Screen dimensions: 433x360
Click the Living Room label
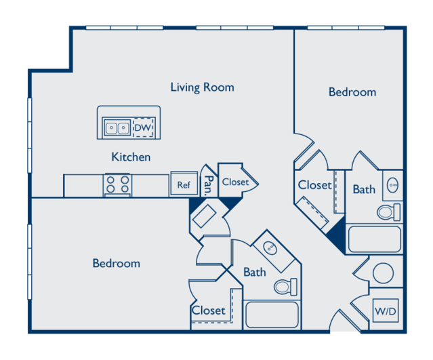click(202, 87)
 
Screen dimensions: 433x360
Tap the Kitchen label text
click(131, 157)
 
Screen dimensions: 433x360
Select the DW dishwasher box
click(143, 127)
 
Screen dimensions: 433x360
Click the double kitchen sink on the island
click(117, 127)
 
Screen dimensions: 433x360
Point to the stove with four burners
click(118, 185)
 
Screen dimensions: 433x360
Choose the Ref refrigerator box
click(184, 184)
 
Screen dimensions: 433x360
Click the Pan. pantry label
click(209, 184)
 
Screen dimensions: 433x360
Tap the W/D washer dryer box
click(386, 311)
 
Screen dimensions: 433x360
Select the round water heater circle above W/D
click(383, 273)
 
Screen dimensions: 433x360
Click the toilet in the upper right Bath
click(389, 212)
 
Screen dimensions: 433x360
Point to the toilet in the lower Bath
click(285, 287)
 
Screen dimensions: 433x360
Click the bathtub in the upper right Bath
click(375, 239)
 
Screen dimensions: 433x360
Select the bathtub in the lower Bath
click(272, 315)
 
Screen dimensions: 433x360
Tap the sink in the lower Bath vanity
click(270, 247)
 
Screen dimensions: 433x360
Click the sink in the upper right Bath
click(393, 185)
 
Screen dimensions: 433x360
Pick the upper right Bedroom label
click(352, 92)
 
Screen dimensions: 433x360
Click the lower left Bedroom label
click(117, 263)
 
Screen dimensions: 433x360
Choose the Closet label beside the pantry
click(235, 182)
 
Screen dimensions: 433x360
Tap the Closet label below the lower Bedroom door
click(209, 311)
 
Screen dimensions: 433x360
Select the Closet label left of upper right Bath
click(315, 185)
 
